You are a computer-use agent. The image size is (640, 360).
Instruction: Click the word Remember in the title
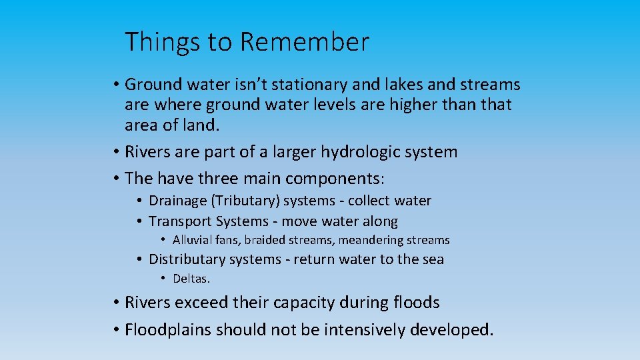[304, 42]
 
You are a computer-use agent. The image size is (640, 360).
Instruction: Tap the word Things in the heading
[163, 43]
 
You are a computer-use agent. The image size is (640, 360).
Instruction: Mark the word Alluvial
[193, 240]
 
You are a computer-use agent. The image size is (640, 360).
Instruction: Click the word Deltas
[191, 279]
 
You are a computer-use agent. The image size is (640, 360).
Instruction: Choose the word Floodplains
[169, 329]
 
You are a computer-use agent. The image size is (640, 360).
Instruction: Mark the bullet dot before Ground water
[116, 85]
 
